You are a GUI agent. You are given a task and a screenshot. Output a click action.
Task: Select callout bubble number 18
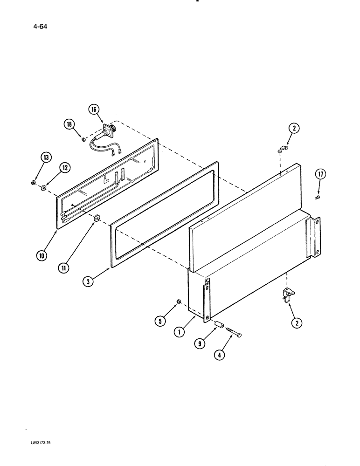tap(70, 124)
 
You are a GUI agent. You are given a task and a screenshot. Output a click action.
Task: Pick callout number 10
tap(42, 256)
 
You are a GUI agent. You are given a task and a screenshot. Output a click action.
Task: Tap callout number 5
tap(160, 320)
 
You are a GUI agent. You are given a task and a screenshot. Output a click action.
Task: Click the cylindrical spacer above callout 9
tap(220, 324)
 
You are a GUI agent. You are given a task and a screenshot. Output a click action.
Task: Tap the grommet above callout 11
tap(98, 217)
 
